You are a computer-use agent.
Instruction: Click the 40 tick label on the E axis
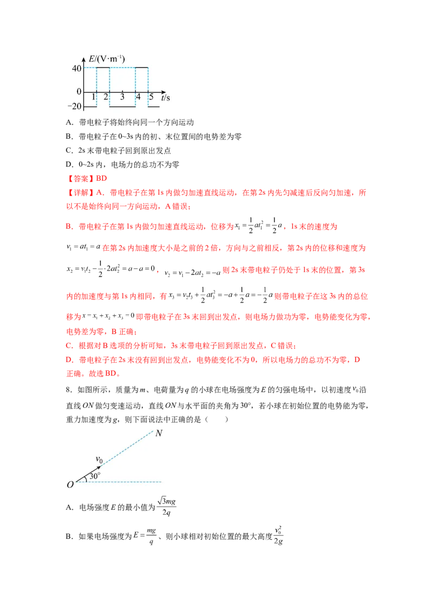[76, 68]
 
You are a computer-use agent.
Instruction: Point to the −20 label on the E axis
[74, 106]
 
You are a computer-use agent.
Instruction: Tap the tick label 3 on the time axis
[122, 97]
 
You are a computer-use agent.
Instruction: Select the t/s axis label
[165, 97]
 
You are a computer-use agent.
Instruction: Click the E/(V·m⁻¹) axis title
[106, 59]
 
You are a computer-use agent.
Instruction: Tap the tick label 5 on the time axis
[151, 97]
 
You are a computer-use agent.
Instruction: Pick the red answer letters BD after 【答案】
[101, 178]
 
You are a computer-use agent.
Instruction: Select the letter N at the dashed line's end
[158, 433]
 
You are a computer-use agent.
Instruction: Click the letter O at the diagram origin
[70, 485]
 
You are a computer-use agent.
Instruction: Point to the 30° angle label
[95, 476]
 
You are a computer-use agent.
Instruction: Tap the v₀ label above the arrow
[99, 459]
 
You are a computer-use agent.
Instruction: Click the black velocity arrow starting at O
[88, 474]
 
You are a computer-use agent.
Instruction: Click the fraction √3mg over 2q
[167, 507]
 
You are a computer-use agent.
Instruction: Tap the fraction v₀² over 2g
[278, 535]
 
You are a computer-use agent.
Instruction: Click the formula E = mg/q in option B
[144, 536]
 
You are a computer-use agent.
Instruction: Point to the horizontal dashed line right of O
[118, 482]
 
